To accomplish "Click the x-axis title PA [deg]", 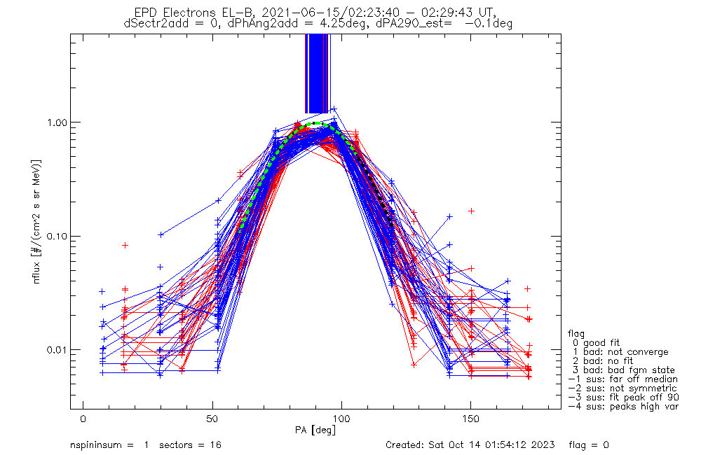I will (x=315, y=429).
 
